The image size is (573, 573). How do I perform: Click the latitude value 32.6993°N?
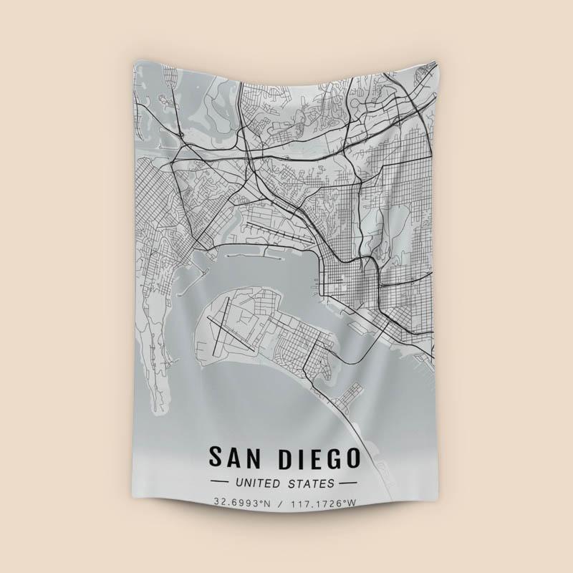click(x=244, y=503)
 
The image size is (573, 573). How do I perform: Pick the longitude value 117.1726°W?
click(x=323, y=503)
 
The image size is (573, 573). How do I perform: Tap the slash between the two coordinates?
click(x=283, y=503)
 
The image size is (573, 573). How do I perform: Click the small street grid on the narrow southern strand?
click(x=350, y=393)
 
